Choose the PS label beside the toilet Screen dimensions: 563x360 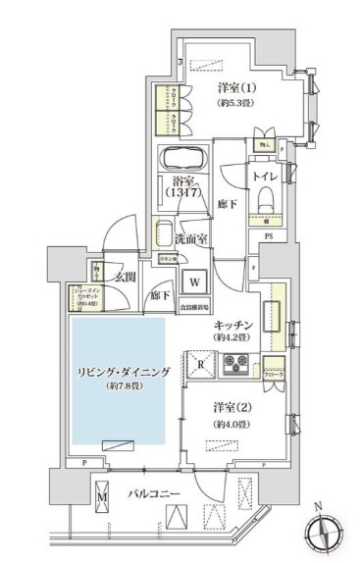coord(267,235)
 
